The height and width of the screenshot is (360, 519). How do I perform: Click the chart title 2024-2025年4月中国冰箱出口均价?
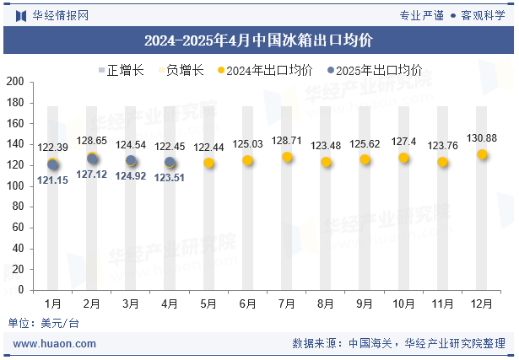pyautogui.click(x=259, y=40)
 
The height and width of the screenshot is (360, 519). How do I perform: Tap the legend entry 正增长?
pyautogui.click(x=120, y=71)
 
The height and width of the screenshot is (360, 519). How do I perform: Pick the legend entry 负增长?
pyautogui.click(x=185, y=71)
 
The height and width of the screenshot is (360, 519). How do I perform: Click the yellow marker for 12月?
pyautogui.click(x=482, y=154)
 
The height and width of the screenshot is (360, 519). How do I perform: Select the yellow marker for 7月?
pyautogui.click(x=287, y=157)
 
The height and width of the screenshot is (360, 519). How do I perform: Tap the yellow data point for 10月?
pyautogui.click(x=403, y=158)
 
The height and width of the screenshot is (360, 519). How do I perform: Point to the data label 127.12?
pyautogui.click(x=91, y=175)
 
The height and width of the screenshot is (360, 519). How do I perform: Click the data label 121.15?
pyautogui.click(x=52, y=180)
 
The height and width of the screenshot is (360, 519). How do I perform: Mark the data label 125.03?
pyautogui.click(x=248, y=144)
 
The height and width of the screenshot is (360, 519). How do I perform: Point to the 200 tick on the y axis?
pyautogui.click(x=15, y=82)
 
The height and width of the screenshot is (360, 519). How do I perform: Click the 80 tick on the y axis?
pyautogui.click(x=18, y=207)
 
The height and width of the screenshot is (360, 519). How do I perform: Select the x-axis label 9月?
pyautogui.click(x=365, y=303)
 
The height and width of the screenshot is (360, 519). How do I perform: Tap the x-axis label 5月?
pyautogui.click(x=208, y=303)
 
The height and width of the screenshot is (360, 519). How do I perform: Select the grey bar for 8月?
pyautogui.click(x=326, y=198)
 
